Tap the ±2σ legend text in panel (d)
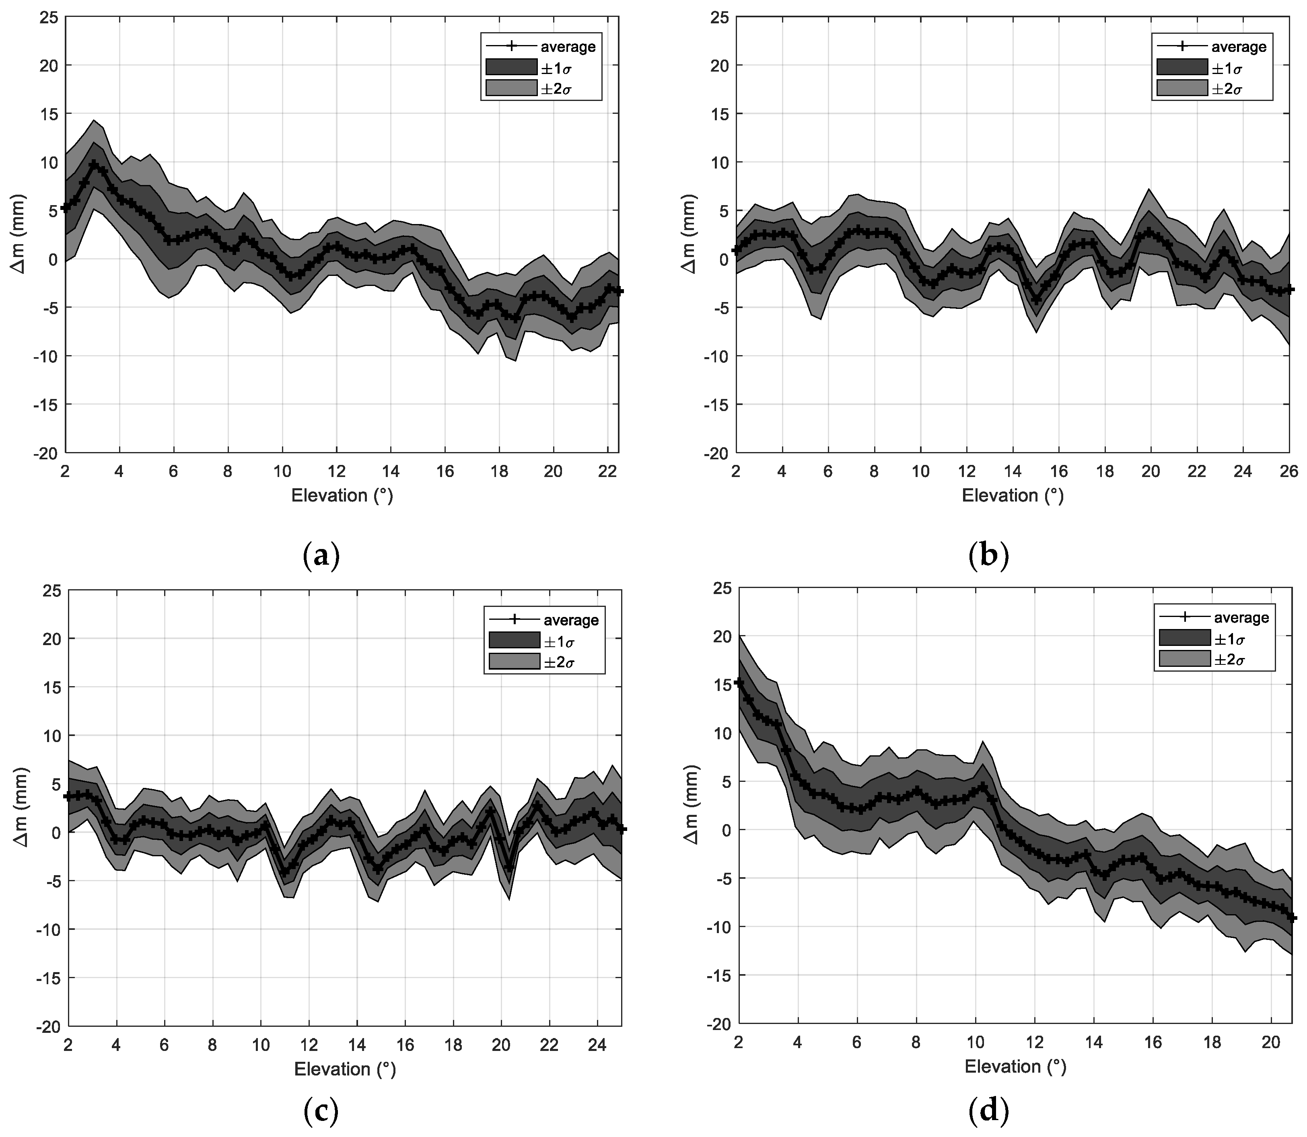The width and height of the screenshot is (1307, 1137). pyautogui.click(x=1230, y=660)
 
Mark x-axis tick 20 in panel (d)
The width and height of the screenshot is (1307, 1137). pyautogui.click(x=1272, y=1042)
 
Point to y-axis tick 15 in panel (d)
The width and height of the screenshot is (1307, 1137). pyautogui.click(x=721, y=685)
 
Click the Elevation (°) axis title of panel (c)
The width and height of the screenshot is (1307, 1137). pyautogui.click(x=344, y=1069)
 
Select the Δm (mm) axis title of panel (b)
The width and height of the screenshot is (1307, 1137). pyautogui.click(x=689, y=235)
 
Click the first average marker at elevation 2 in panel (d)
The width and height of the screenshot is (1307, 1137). pyautogui.click(x=738, y=683)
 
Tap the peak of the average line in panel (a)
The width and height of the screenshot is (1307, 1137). pyautogui.click(x=94, y=164)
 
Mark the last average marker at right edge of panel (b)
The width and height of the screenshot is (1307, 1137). pyautogui.click(x=1288, y=289)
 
